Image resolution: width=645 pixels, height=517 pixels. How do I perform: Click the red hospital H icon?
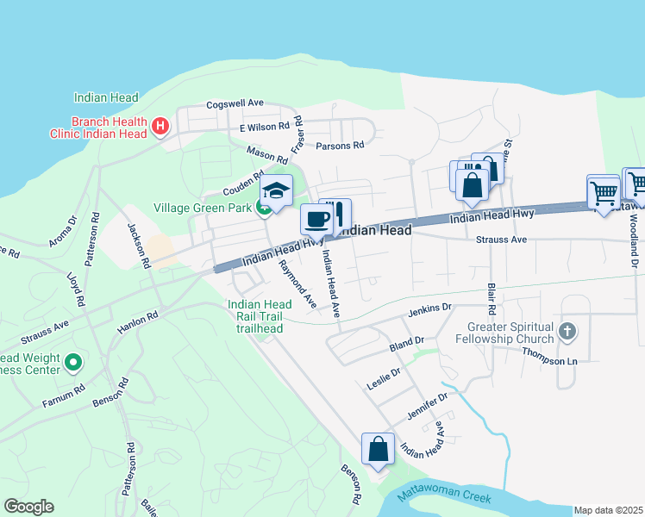point(160,128)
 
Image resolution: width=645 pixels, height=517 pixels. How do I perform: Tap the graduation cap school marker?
point(277,190)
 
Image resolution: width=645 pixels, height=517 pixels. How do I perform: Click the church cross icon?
point(567,330)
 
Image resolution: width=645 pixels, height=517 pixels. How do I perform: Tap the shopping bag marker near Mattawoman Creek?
point(378,448)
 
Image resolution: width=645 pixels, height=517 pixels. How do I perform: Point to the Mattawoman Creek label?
point(445,498)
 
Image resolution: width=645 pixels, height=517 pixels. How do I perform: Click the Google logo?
point(28,507)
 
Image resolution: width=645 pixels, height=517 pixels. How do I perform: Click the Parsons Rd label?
point(340,146)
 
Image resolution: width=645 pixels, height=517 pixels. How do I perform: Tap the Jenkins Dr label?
point(430,308)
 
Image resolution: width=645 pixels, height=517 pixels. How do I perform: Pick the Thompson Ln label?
point(554,361)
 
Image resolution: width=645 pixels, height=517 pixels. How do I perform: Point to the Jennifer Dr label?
point(429,408)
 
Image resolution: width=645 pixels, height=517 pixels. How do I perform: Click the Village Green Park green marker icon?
point(263,208)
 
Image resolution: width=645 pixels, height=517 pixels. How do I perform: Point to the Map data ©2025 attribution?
point(607,510)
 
